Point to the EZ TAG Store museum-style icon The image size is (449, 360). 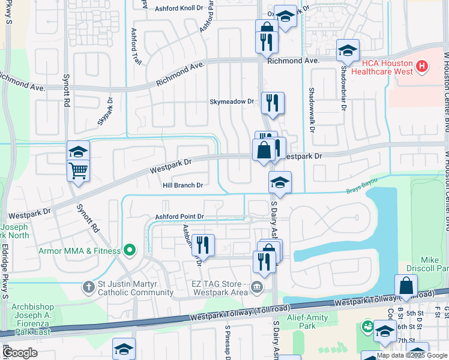click(x=258, y=288)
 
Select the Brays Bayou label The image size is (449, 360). click(x=360, y=192)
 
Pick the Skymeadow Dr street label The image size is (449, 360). click(x=232, y=102)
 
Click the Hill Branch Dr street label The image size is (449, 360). click(x=183, y=185)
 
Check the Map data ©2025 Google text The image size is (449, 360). click(x=411, y=355)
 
